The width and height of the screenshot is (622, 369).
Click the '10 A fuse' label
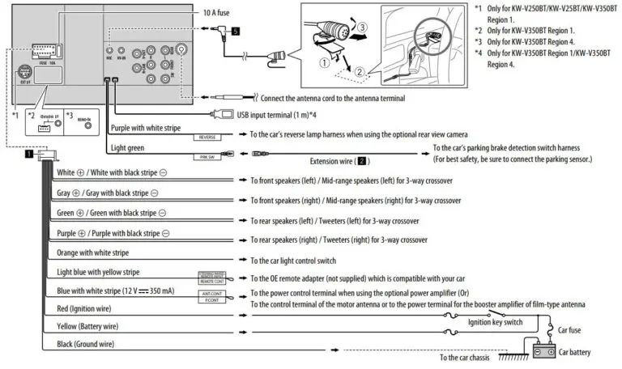[x=216, y=14]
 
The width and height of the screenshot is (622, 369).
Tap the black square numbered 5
[x=235, y=32]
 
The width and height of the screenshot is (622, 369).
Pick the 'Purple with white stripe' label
[x=151, y=128]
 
